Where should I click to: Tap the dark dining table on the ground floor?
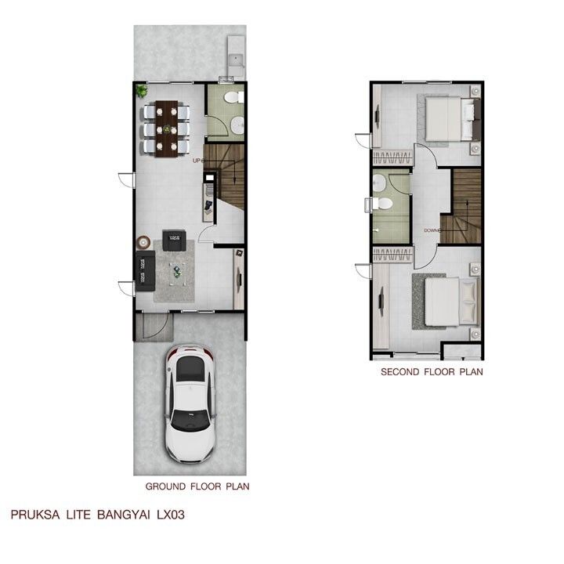(167, 128)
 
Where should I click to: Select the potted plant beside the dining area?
(142, 90)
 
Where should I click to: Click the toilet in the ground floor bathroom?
(233, 97)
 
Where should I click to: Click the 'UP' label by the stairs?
(197, 161)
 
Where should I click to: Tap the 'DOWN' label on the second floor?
(432, 230)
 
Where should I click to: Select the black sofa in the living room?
(146, 271)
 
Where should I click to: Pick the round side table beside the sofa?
(143, 242)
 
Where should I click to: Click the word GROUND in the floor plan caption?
(165, 486)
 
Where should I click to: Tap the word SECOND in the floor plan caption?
(400, 371)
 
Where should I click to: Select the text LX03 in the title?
(171, 515)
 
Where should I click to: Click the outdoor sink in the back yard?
(236, 58)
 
